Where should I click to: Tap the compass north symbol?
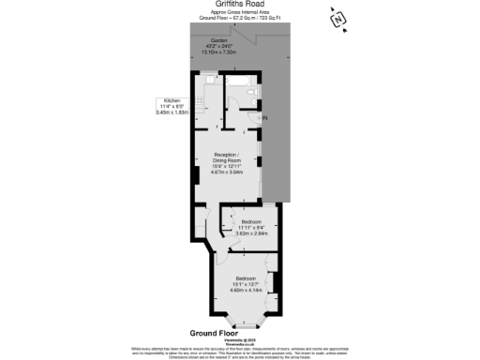coord(338,19)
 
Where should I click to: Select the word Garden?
coord(218,41)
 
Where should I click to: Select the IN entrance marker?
coord(264,118)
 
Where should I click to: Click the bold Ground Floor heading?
coord(215,333)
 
